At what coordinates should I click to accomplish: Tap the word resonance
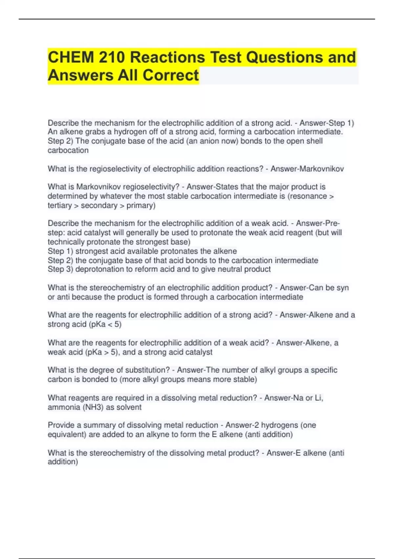(308, 196)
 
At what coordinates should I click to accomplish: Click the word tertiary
(59, 206)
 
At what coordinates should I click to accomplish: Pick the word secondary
(99, 206)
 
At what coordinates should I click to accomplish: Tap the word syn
(342, 288)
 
